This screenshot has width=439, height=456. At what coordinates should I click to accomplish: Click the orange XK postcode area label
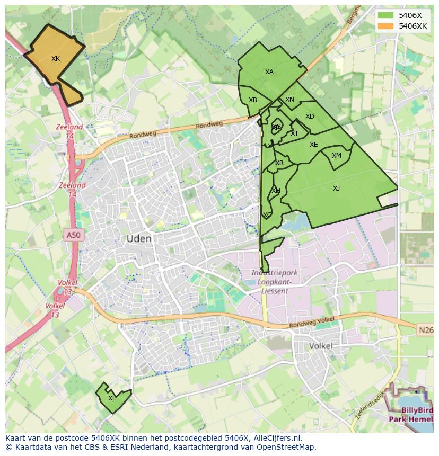point(56,59)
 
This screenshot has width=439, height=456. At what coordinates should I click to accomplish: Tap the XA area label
point(269,72)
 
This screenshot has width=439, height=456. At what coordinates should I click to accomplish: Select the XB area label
point(253,100)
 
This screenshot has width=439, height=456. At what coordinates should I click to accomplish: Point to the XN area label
point(289,100)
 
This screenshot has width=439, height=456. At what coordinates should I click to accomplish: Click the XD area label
point(310,117)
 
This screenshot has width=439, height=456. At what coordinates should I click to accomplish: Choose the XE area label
point(314,145)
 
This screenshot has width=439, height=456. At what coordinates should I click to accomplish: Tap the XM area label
point(337,156)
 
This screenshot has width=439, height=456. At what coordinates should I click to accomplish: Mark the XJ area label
point(337,189)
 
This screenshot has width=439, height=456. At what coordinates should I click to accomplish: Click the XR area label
point(279,163)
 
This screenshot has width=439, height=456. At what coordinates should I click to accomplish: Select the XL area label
point(112,398)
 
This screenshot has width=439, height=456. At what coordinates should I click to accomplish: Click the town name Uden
point(139,239)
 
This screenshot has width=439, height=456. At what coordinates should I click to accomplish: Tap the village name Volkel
point(321,346)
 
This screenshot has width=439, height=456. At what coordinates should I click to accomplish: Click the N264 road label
point(426,330)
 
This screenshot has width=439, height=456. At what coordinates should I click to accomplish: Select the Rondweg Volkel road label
point(313,321)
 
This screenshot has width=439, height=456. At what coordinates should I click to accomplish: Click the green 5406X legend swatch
point(387,15)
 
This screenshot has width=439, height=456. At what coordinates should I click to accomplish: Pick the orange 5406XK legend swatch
point(387,25)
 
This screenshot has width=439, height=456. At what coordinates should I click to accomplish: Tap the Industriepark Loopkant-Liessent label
point(275,282)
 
